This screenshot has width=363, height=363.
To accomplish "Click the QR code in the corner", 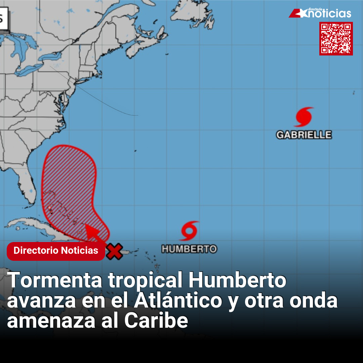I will tap(336, 38).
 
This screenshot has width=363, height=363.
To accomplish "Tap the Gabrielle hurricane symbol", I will tap(304, 117).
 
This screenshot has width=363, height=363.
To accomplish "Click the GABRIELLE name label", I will tap(304, 135).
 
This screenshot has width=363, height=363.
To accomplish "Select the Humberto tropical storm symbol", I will tap(190, 231).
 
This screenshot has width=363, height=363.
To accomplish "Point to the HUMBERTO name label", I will tap(189, 249).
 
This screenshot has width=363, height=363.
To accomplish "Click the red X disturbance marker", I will tap(114, 251).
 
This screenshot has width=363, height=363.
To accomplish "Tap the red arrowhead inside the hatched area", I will tap(91, 230).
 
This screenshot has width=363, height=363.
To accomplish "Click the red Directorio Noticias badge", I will tap(56, 251).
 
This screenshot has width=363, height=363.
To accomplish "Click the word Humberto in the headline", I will tap(237, 280).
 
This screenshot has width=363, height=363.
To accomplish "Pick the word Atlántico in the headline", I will tap(178, 300).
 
